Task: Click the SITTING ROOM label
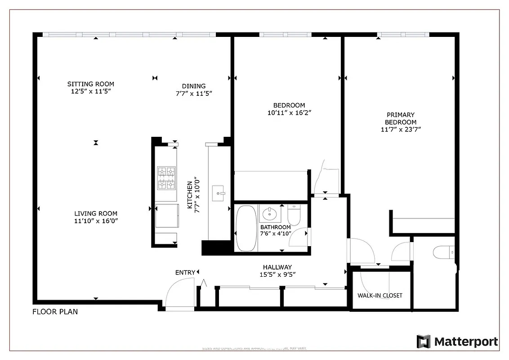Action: [90, 84]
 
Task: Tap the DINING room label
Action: [194, 86]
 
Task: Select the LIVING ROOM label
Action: [96, 214]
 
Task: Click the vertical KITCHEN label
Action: [190, 195]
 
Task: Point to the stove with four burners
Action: [166, 178]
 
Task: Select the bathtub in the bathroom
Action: [246, 228]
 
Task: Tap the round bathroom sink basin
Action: [270, 213]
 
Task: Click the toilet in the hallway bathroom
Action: [294, 215]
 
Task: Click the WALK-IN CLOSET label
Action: [380, 296]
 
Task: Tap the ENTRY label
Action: [185, 272]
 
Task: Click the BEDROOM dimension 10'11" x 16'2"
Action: [289, 113]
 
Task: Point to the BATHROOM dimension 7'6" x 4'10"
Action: [276, 233]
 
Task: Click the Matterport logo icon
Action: [423, 342]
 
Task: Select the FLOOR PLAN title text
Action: [55, 311]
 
